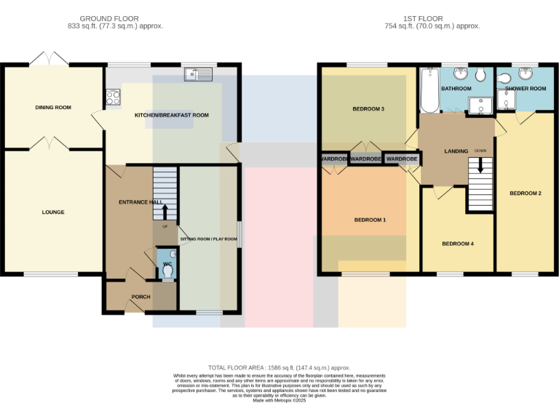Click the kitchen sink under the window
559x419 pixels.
[198, 73]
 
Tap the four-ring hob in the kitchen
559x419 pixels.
[114, 97]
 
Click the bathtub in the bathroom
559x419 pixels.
[429, 90]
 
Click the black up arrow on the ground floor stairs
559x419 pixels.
[164, 210]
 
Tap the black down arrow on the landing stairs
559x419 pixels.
[479, 167]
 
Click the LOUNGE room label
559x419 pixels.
[53, 212]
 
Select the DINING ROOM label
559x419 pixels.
[53, 108]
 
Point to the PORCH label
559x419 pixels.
[140, 297]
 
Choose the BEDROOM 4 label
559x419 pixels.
[458, 244]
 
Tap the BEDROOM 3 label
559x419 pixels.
[368, 109]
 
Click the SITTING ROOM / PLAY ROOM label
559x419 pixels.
[209, 239]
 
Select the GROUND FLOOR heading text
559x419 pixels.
[109, 18]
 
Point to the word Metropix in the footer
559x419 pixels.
[279, 401]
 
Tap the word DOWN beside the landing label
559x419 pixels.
[480, 151]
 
